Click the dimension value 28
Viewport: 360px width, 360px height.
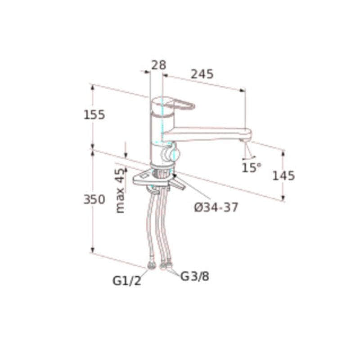(158, 65)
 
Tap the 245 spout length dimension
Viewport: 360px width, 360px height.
(202, 74)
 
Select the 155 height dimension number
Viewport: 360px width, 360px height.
(94, 115)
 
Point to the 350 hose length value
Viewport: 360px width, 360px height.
(94, 199)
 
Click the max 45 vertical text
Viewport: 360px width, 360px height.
(120, 190)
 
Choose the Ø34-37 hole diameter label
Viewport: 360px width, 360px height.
(216, 207)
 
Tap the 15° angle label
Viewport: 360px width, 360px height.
(251, 167)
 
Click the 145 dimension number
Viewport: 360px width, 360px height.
(283, 176)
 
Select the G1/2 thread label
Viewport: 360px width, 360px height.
(127, 280)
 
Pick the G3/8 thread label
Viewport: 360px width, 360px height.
(195, 276)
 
